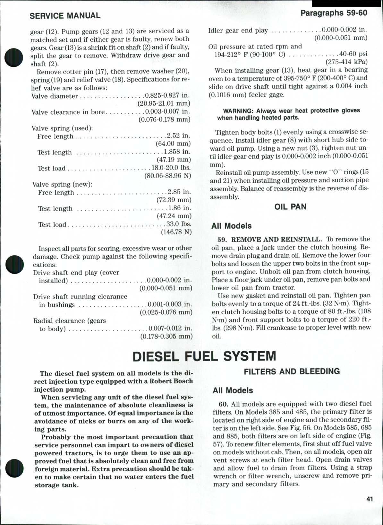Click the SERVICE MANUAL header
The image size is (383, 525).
[65, 16]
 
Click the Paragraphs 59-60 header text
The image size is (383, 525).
[334, 13]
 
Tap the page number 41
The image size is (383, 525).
[369, 499]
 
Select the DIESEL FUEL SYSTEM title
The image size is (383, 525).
[204, 356]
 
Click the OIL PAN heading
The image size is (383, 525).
[290, 207]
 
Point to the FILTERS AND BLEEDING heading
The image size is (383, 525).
[292, 372]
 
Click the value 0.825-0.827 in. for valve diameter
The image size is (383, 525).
[167, 96]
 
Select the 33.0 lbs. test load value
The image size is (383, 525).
[179, 224]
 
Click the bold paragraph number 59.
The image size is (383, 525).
[222, 239]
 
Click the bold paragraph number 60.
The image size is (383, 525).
[223, 404]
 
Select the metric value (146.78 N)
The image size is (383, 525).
[176, 232]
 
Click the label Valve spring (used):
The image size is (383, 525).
[62, 128]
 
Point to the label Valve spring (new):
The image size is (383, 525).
[62, 184]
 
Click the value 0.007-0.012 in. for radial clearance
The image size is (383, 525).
[170, 328]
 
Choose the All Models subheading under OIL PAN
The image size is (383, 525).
[231, 226]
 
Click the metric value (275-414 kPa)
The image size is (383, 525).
[346, 62]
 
